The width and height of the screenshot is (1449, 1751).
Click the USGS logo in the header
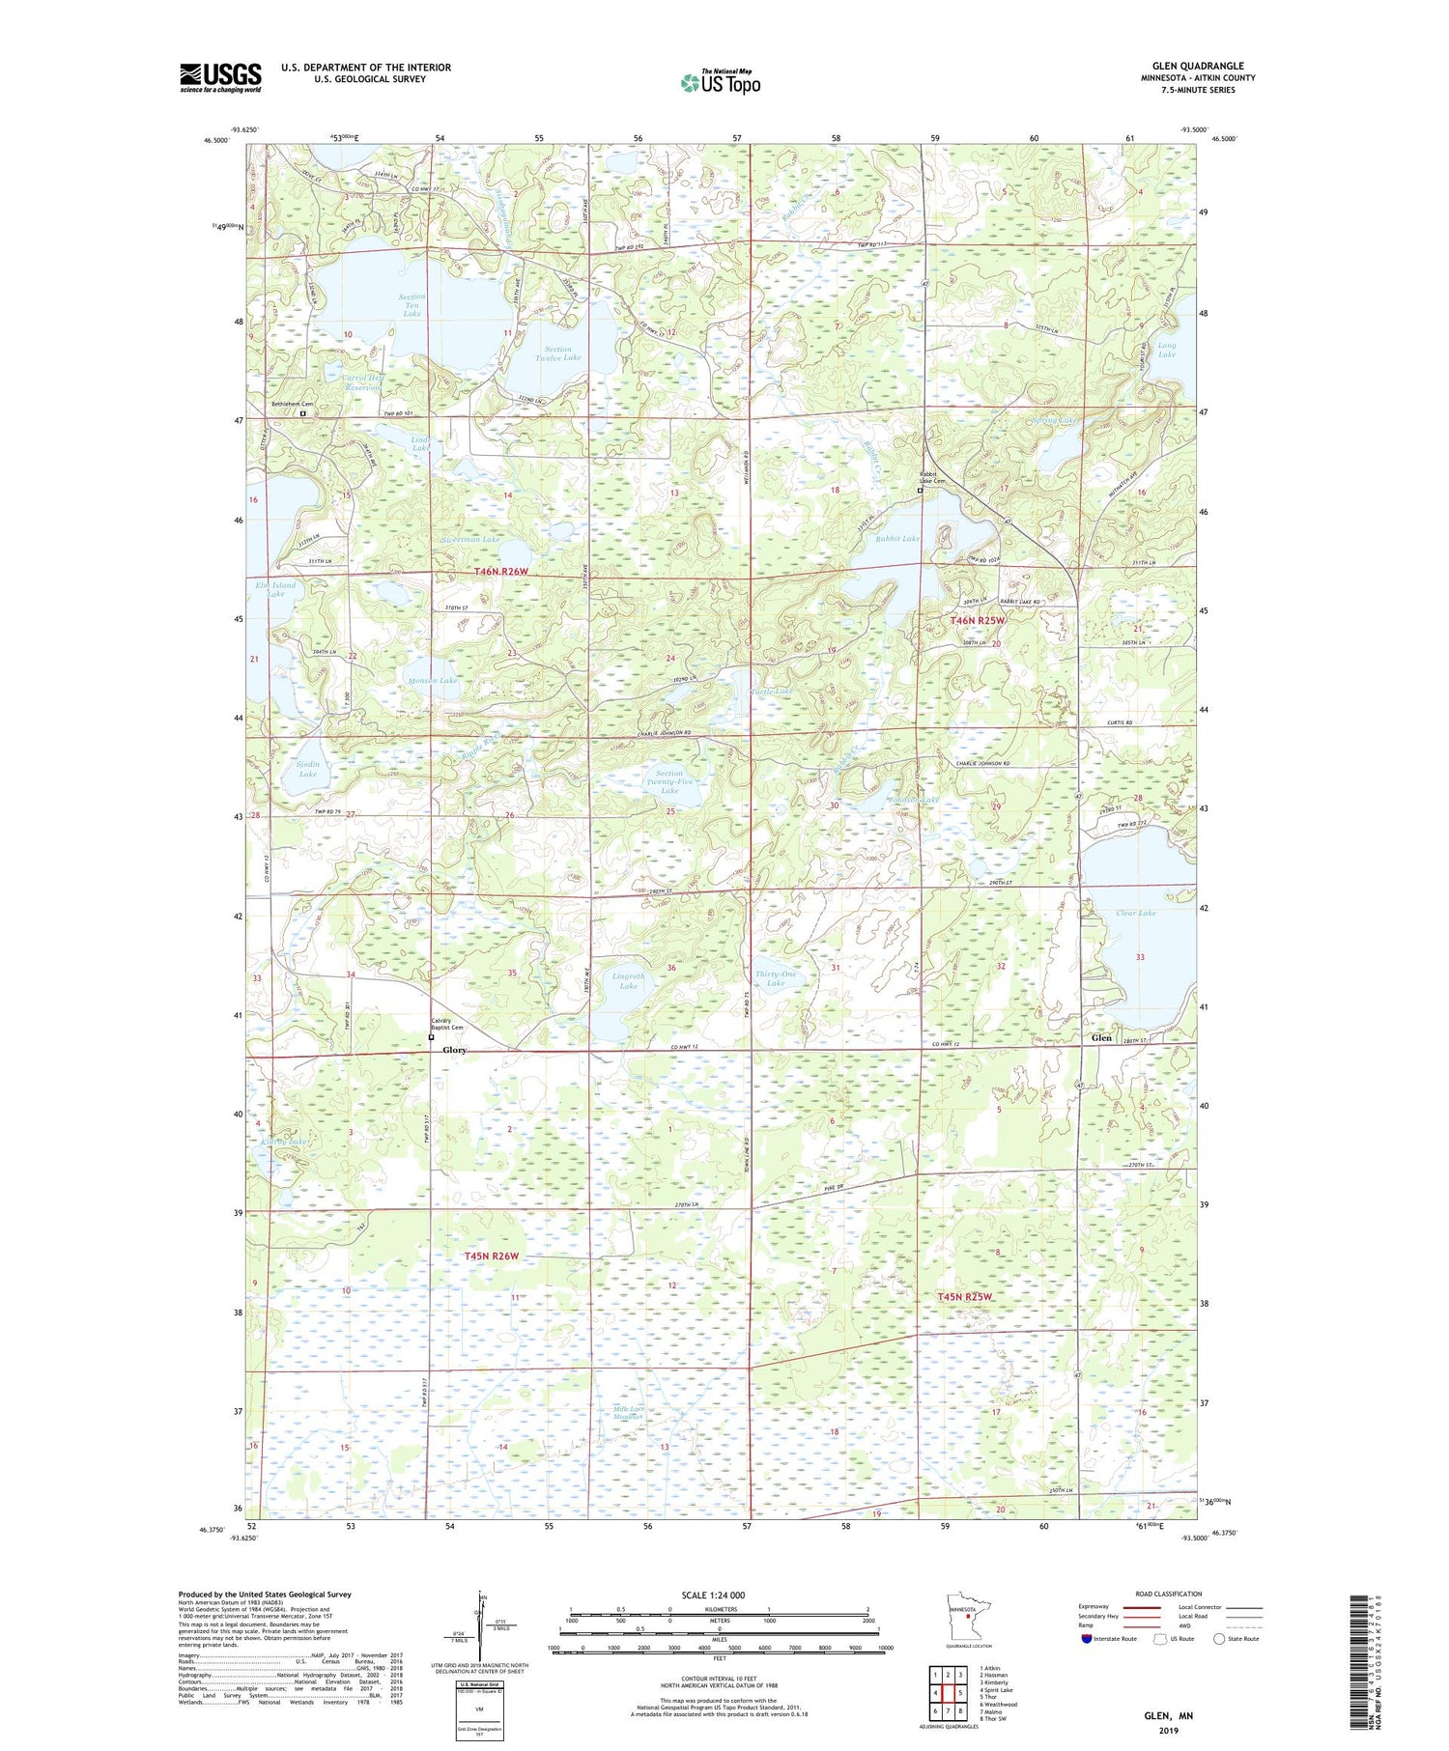coord(220,77)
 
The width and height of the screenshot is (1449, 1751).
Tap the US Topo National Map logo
coord(720,82)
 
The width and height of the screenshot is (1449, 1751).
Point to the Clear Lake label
coord(1135,913)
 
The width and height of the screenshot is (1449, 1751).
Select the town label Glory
coord(454,1050)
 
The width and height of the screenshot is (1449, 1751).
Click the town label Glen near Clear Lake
coord(1101,1038)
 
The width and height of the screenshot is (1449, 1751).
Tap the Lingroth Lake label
coord(629,980)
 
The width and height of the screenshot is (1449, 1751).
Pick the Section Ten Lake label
coord(412,305)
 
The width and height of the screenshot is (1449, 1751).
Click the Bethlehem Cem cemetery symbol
coord(302,413)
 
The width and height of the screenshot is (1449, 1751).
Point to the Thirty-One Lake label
coord(776,978)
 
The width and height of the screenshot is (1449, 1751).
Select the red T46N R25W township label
coord(979,620)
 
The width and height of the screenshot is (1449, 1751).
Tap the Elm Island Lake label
coord(275,589)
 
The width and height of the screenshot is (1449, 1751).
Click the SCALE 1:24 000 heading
coord(719,1595)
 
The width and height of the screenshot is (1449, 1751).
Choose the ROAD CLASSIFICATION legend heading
coord(1169,1594)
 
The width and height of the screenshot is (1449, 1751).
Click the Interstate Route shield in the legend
coord(1086,1639)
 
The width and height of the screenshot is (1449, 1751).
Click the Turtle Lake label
coord(772,692)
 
